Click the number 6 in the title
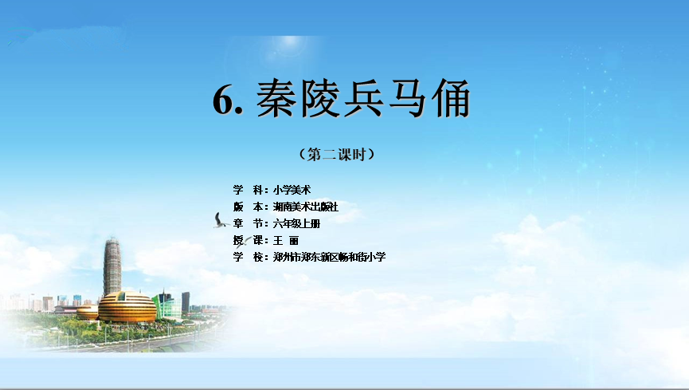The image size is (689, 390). pos(223,100)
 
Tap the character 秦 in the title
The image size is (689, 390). pos(276,99)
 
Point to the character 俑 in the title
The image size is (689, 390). pos(450,99)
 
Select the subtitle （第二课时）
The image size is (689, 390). pos(337,155)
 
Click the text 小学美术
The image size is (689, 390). pos(292,190)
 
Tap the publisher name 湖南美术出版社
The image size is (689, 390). pos(306,207)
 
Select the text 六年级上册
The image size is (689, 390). pos(296,223)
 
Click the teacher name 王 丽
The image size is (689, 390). pos(286,240)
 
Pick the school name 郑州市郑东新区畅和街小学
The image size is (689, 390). pos(329,257)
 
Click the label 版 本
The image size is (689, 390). pos(249,207)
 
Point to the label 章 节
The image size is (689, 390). pos(249,223)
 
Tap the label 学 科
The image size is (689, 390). pos(249,190)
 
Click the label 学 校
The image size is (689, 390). pos(249,257)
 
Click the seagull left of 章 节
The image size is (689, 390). pos(221,221)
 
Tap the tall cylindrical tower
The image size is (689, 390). pos(112,266)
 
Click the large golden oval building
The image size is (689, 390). pos(127,307)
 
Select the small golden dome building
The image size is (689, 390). pos(87,312)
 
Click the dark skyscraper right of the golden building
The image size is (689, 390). pos(186,302)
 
